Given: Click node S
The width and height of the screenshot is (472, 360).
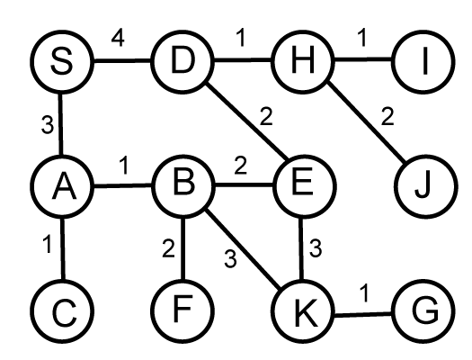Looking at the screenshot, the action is pyautogui.click(x=62, y=62).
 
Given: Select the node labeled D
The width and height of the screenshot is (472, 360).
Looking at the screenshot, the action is pyautogui.click(x=183, y=62).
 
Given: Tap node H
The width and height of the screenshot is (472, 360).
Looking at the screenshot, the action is pyautogui.click(x=303, y=62).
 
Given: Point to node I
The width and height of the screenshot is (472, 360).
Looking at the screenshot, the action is pyautogui.click(x=423, y=62).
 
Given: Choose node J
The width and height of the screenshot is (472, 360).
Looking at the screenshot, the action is pyautogui.click(x=425, y=186).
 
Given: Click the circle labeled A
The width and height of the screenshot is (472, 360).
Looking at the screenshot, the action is pyautogui.click(x=62, y=186).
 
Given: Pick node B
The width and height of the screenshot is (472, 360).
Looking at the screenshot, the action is pyautogui.click(x=183, y=186).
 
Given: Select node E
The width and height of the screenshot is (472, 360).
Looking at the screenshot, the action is pyautogui.click(x=304, y=186).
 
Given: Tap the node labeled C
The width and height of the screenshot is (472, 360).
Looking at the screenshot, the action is pyautogui.click(x=63, y=311).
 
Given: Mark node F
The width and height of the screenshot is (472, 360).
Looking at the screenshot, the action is pyautogui.click(x=183, y=311).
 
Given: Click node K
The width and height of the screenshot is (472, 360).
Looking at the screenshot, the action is pyautogui.click(x=303, y=311).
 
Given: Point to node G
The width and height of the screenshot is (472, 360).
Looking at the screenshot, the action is pyautogui.click(x=423, y=311).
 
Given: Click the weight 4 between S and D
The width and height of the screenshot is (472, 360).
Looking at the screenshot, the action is pyautogui.click(x=118, y=39).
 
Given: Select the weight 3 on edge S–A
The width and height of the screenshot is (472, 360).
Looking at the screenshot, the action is pyautogui.click(x=48, y=125).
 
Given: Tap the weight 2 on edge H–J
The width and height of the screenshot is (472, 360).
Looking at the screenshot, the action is pyautogui.click(x=387, y=116).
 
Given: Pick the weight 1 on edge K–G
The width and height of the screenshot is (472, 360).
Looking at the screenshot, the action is pyautogui.click(x=364, y=292).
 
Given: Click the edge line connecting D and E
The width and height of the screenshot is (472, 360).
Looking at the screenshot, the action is pyautogui.click(x=247, y=121).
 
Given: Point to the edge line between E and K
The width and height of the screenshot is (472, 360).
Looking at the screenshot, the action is pyautogui.click(x=301, y=248).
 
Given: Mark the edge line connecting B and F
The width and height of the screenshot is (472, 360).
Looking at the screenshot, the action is pyautogui.click(x=183, y=248).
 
